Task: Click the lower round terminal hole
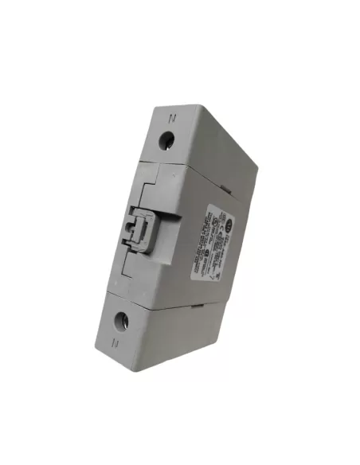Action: [x=122, y=322]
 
